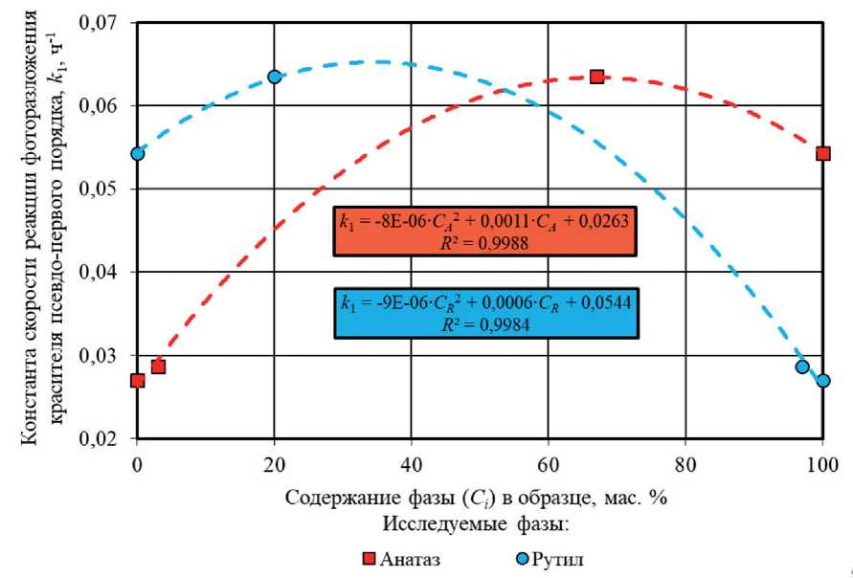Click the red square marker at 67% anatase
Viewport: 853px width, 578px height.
[x=596, y=76]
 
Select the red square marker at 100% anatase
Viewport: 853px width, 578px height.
[x=822, y=153]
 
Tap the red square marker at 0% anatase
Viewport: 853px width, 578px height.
[x=138, y=381]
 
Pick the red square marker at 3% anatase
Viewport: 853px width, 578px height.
[x=158, y=367]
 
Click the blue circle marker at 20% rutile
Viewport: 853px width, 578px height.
[x=275, y=77]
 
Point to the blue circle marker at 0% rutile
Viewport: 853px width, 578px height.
[x=138, y=153]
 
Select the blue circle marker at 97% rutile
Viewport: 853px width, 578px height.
[x=802, y=367]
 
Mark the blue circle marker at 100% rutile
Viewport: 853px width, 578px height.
[x=822, y=381]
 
